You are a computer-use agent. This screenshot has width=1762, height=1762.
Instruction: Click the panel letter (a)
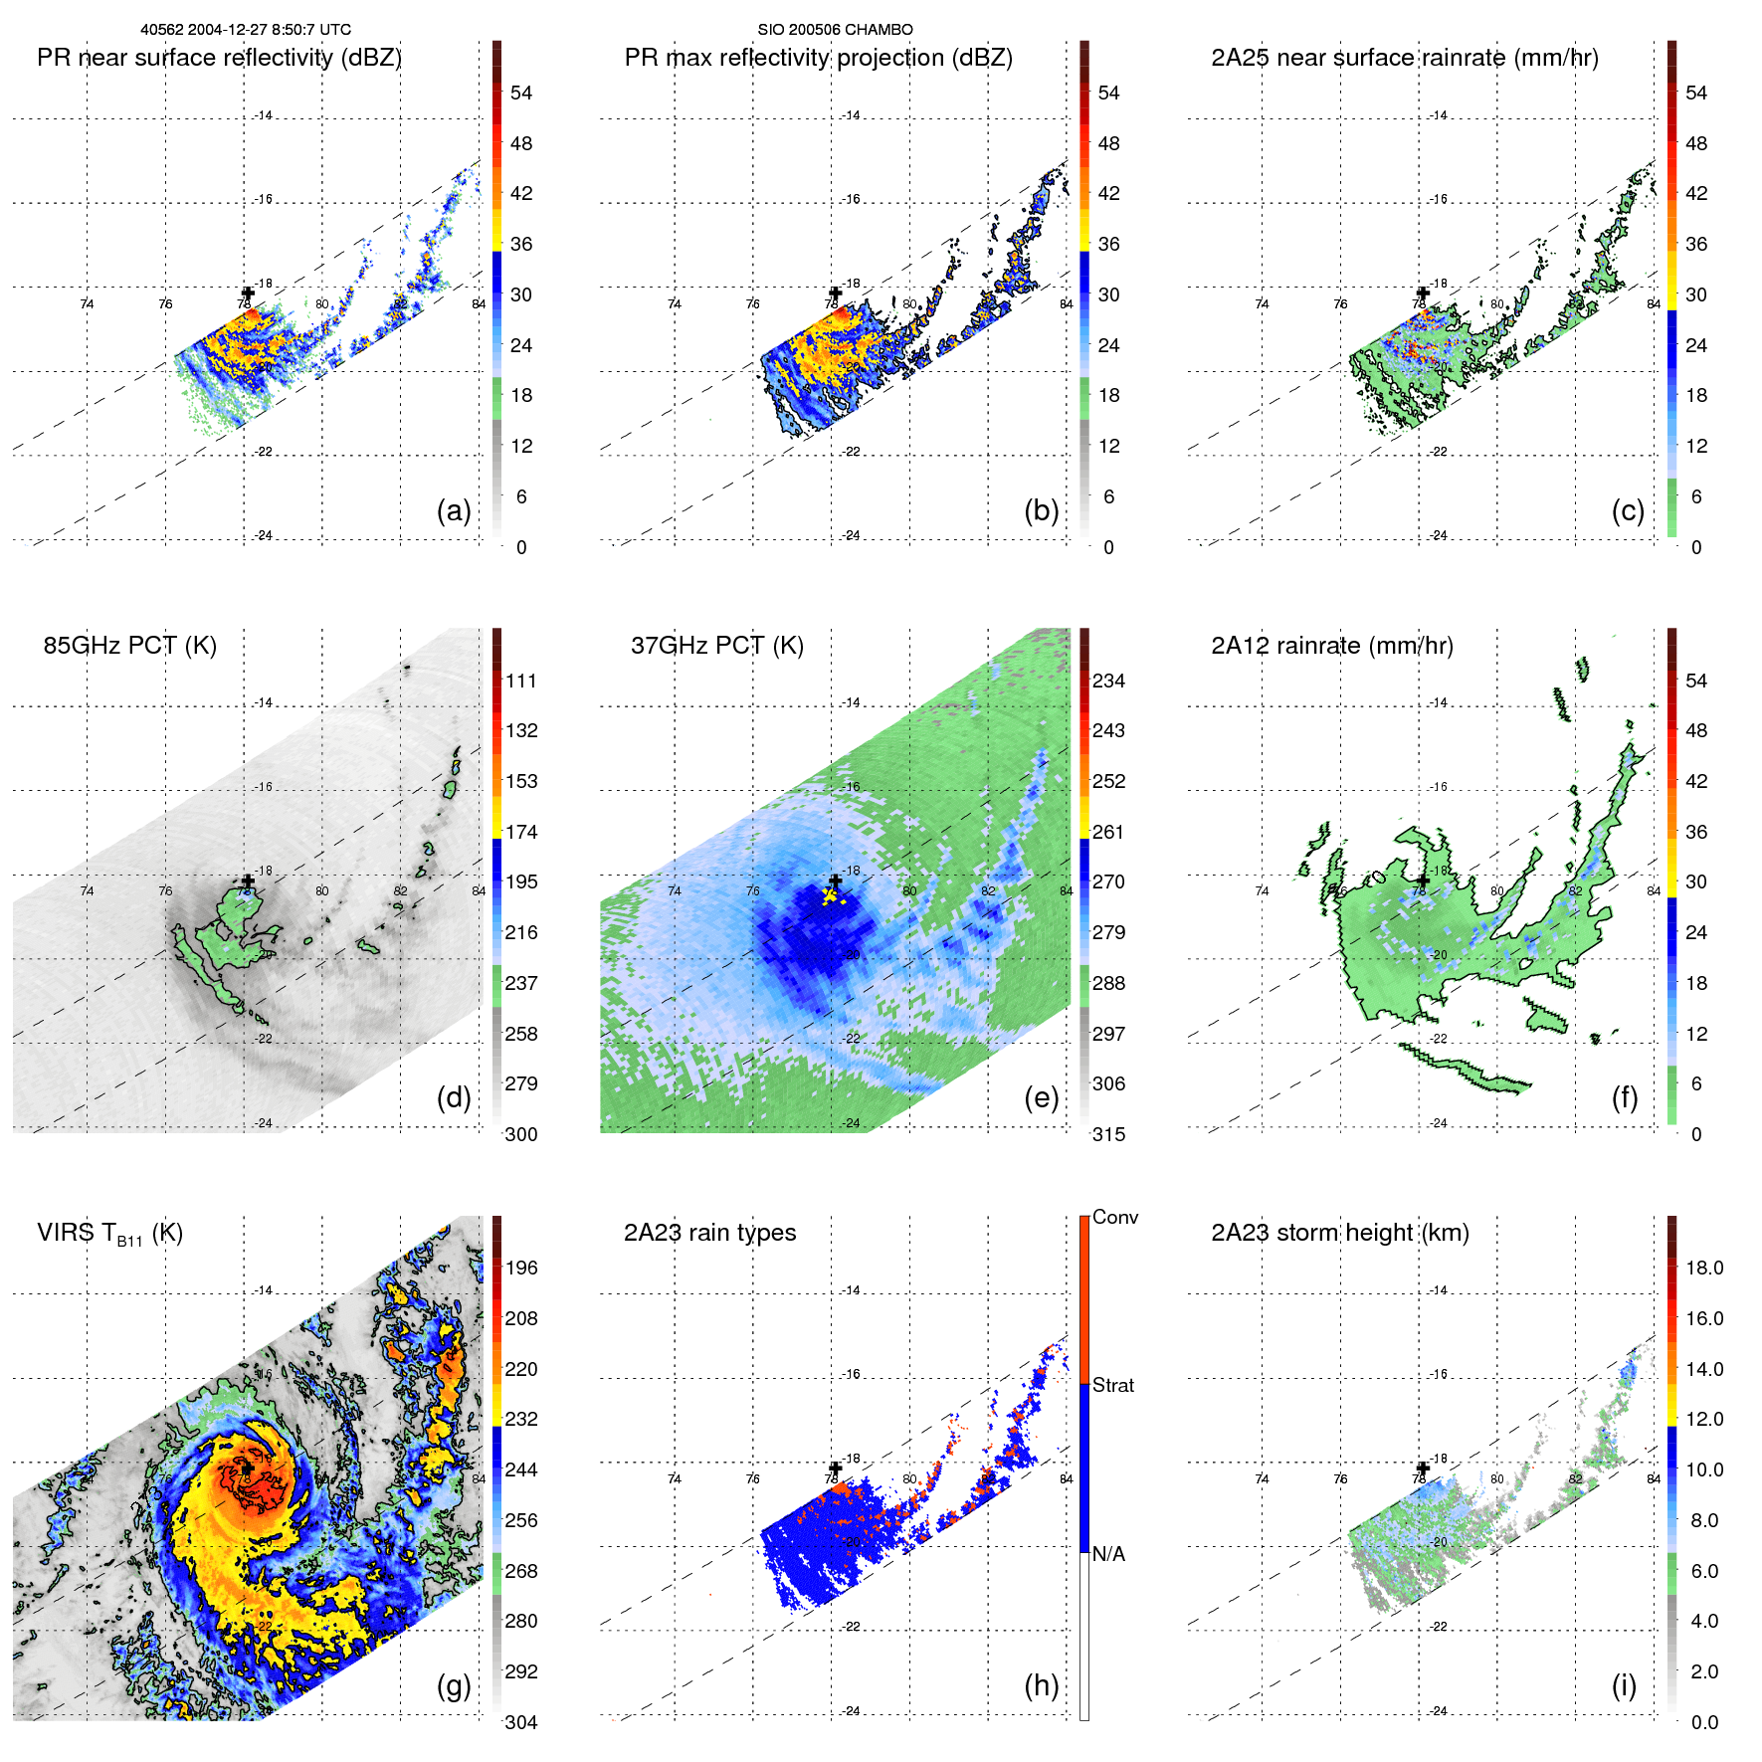pos(453,511)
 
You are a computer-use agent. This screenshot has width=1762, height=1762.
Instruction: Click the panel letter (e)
pos(1041,1098)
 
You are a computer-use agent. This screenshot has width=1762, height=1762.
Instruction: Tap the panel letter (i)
pos(1624,1685)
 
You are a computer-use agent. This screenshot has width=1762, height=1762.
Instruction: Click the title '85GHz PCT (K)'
pos(129,646)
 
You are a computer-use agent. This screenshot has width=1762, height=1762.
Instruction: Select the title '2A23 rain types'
pos(709,1233)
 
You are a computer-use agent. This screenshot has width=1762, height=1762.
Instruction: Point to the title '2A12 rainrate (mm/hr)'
pos(1331,646)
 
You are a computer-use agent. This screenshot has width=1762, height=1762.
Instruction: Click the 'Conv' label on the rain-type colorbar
pos(1115,1217)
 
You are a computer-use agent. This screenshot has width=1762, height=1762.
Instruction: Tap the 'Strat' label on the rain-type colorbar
pos(1113,1385)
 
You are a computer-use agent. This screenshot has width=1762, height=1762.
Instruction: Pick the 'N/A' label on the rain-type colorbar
pos(1108,1554)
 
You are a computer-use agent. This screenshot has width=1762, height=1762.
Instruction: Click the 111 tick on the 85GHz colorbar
pos(521,681)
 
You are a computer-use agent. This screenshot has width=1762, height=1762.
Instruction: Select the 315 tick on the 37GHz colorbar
pos(1108,1134)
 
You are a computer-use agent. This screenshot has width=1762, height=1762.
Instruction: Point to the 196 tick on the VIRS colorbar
pos(521,1268)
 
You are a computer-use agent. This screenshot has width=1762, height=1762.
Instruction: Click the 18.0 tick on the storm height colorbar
pos(1704,1268)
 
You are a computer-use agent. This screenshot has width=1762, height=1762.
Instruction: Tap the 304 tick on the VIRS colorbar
pos(521,1722)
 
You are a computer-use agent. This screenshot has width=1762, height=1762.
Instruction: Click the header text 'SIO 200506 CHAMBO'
pos(835,30)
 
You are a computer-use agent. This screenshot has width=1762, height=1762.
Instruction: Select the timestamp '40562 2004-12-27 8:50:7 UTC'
pos(246,30)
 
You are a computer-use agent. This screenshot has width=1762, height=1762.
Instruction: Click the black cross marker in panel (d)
pos(248,881)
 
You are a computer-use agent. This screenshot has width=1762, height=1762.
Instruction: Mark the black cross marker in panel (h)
pos(836,1468)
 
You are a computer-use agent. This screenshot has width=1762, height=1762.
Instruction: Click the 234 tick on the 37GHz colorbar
pos(1108,681)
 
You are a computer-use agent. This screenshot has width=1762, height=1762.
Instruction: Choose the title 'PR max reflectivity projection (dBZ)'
pos(818,58)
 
